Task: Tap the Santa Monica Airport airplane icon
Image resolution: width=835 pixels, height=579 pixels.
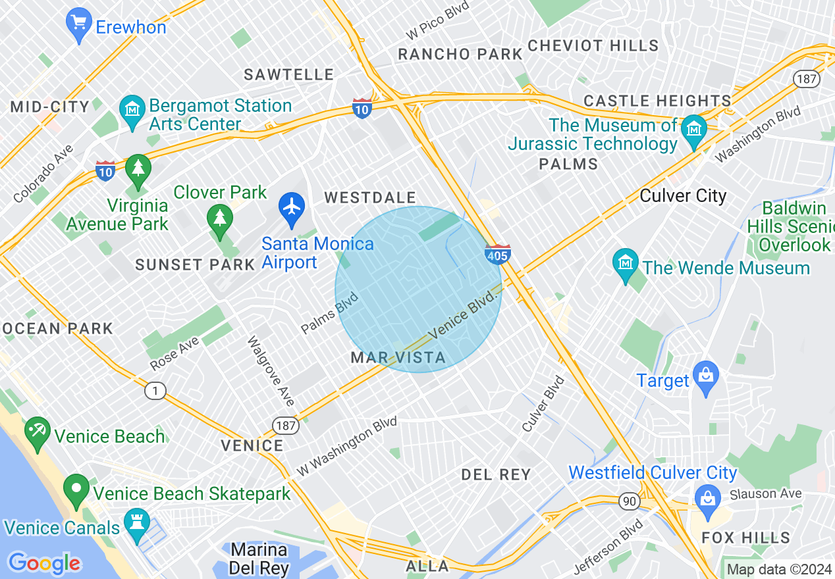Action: [291, 206]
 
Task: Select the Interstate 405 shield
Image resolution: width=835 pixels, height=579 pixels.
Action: [498, 254]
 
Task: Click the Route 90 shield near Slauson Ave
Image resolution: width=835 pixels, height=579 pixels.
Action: [629, 502]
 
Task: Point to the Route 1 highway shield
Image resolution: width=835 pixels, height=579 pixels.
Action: [155, 391]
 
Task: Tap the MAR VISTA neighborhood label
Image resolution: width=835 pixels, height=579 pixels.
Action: [398, 358]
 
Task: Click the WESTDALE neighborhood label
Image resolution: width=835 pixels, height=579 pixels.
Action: [370, 198]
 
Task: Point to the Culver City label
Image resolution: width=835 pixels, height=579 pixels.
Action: [683, 196]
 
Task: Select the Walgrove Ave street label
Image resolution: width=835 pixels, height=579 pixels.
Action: [271, 370]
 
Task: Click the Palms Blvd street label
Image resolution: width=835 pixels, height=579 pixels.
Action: [329, 313]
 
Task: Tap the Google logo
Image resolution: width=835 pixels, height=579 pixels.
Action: [44, 563]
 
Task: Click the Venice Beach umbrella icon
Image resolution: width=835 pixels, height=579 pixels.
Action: [38, 432]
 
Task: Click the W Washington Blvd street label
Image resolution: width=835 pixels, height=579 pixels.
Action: [347, 445]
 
